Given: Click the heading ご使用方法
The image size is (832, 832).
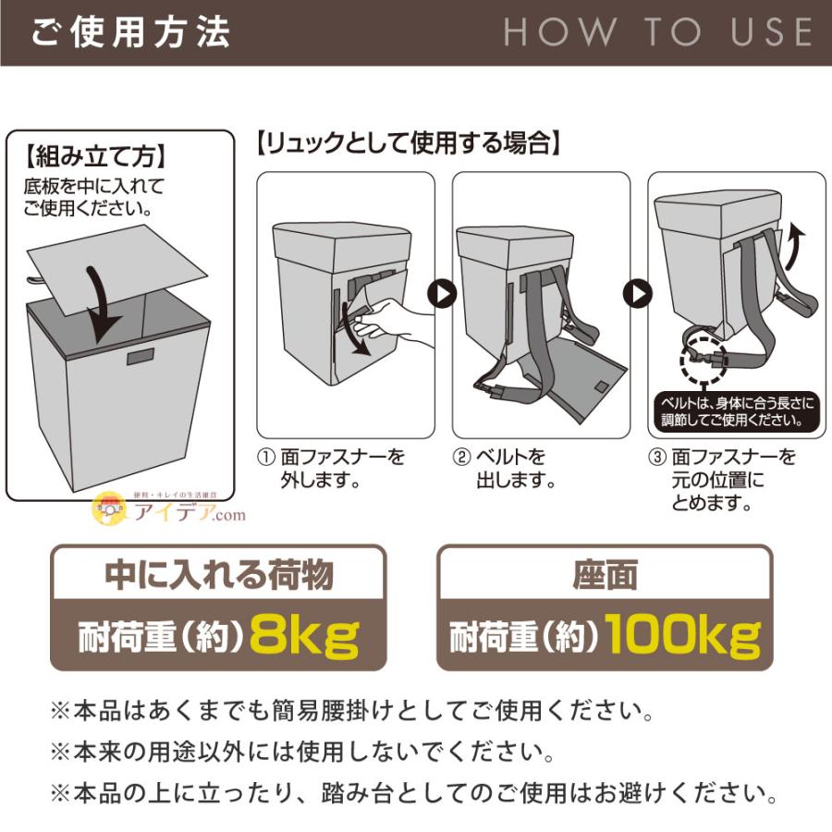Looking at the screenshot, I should pos(130,32).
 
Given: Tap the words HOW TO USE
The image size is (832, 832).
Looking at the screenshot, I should pos(657,32).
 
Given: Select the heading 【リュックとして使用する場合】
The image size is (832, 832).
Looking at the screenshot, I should pos(408,143).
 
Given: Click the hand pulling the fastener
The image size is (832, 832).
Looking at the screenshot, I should pos(393,318).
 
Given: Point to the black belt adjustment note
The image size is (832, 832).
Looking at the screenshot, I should pos(735,412).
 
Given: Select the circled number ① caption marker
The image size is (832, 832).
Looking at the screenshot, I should pos(265,458).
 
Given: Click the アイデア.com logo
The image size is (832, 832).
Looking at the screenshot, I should pos(171,511).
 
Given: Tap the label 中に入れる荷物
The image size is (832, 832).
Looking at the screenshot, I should pos(217,576).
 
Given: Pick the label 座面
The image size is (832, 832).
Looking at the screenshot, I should pos(605,576).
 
